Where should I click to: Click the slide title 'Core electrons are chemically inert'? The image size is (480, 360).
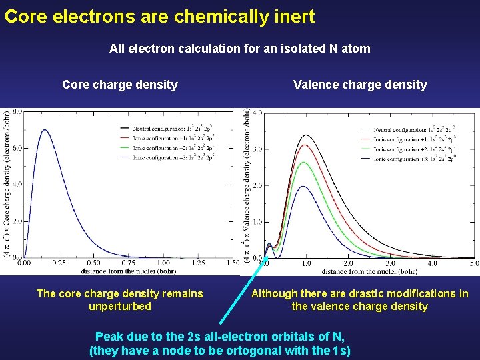coord(159,16)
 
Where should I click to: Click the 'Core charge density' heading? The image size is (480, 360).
coord(120,85)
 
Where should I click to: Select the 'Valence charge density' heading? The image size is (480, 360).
coord(360,85)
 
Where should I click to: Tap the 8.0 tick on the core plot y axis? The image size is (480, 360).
coord(17,112)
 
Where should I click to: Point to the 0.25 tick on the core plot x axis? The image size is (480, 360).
coord(59,263)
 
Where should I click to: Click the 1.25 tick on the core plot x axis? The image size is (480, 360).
coord(198,263)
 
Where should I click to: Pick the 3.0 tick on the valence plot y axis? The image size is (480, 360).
coord(256,149)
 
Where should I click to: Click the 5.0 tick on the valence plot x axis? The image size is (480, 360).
coord(474,264)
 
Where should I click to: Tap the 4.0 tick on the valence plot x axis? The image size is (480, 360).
coord(432,264)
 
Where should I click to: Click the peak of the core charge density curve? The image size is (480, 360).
coord(45,131)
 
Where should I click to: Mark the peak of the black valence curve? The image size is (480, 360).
coord(305,135)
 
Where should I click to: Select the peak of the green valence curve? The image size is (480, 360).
coord(305,163)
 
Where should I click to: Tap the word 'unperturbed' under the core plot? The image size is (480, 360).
coord(120,307)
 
